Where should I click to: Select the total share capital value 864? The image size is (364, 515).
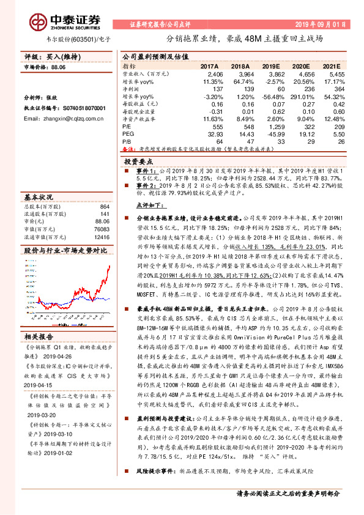coord(104,207)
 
